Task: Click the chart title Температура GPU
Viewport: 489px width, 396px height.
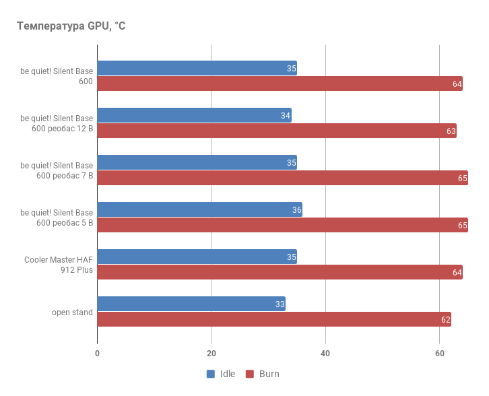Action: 71,26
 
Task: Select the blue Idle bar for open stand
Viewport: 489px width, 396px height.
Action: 191,304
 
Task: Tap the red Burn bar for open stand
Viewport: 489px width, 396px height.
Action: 274,319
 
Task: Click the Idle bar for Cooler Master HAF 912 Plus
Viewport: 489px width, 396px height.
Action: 197,257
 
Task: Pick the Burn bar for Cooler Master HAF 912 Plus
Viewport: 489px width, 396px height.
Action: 280,272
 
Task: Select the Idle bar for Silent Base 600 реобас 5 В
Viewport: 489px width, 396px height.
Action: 199,209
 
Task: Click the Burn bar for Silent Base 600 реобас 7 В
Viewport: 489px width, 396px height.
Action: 282,178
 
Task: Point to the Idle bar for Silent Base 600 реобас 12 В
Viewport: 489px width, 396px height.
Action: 194,115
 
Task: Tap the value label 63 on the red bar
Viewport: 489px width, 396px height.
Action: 451,131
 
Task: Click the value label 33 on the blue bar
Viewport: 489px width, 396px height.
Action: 280,304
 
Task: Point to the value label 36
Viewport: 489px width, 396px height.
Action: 296,210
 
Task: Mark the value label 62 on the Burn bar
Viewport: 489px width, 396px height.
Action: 445,320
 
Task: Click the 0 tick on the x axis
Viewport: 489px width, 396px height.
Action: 98,354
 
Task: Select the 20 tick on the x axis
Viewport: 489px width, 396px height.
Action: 211,354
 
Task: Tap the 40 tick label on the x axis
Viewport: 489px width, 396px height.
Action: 325,354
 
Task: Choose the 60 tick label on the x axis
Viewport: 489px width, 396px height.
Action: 439,354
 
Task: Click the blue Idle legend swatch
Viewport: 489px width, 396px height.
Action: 211,374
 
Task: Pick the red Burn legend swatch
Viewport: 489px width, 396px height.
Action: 249,374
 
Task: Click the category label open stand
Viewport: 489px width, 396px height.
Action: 73,312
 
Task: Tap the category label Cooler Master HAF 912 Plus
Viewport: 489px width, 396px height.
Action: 59,265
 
